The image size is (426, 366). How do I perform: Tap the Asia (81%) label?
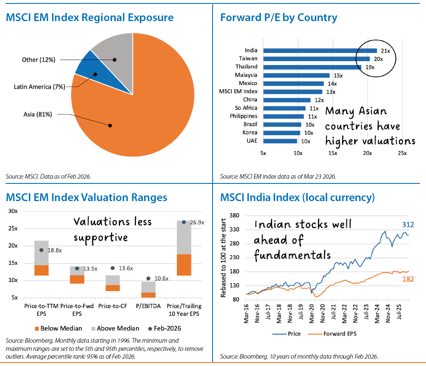point(38,114)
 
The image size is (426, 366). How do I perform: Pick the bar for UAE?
point(280,141)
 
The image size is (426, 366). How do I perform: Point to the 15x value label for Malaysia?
point(339,75)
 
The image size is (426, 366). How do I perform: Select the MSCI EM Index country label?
point(238,91)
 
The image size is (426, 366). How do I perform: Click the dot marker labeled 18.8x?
point(42,250)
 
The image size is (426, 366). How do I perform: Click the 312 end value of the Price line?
point(408,224)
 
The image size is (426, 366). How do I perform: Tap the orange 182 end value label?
point(407,279)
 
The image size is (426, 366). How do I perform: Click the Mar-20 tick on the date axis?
point(311,310)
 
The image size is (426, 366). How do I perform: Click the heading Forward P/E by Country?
point(278,18)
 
